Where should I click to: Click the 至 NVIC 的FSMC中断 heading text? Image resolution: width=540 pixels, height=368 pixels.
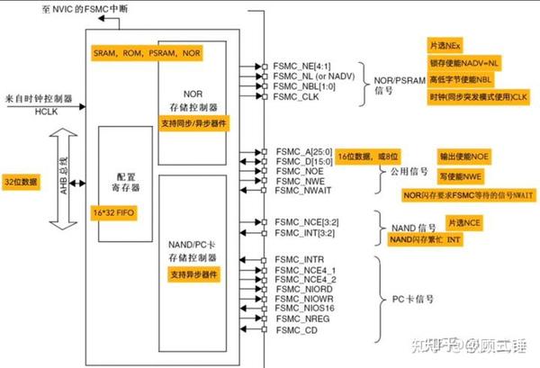pos(90,8)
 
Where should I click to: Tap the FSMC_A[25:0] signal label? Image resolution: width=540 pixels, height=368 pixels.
pos(301,148)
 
